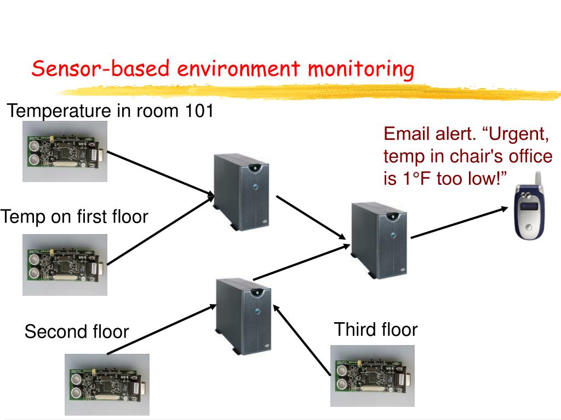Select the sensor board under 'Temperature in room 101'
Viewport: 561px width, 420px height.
coord(65,151)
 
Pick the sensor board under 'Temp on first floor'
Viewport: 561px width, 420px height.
coord(65,265)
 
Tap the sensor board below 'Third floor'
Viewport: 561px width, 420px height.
coord(373,375)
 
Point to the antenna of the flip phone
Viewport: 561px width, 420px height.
coord(537,179)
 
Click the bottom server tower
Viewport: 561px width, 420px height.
coord(244,314)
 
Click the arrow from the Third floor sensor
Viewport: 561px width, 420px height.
coord(301,340)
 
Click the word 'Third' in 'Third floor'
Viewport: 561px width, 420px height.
coord(353,330)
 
